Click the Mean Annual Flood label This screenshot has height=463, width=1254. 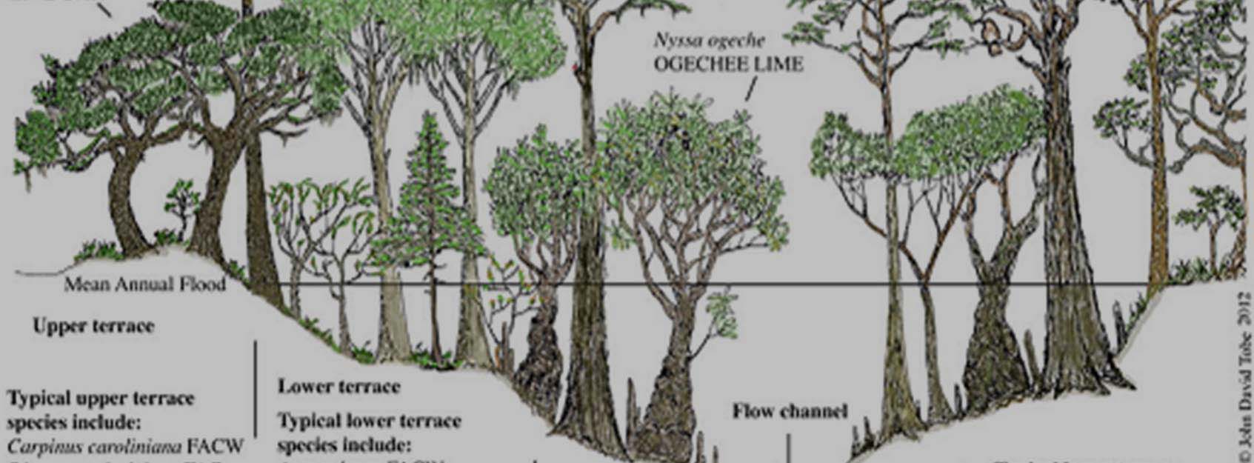(x=145, y=284)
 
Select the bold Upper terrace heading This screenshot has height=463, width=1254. (x=94, y=326)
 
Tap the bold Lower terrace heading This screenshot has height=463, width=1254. (x=338, y=386)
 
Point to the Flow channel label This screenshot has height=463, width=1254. (x=790, y=411)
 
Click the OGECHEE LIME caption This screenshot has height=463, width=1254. (x=727, y=64)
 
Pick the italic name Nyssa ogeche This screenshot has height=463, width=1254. (x=708, y=40)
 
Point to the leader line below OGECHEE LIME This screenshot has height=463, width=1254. (x=750, y=90)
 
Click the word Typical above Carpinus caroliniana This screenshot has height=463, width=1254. (x=36, y=399)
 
